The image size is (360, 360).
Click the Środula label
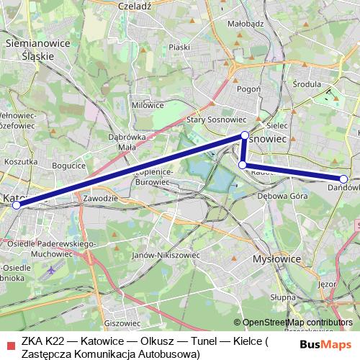pos(307,84)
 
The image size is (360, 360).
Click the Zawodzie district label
pos(99,197)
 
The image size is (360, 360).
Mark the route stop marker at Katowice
pos(16,204)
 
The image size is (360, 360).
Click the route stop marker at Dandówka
pos(343,179)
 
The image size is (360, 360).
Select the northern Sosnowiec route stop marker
pos(245,135)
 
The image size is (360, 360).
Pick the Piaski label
pos(179,47)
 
